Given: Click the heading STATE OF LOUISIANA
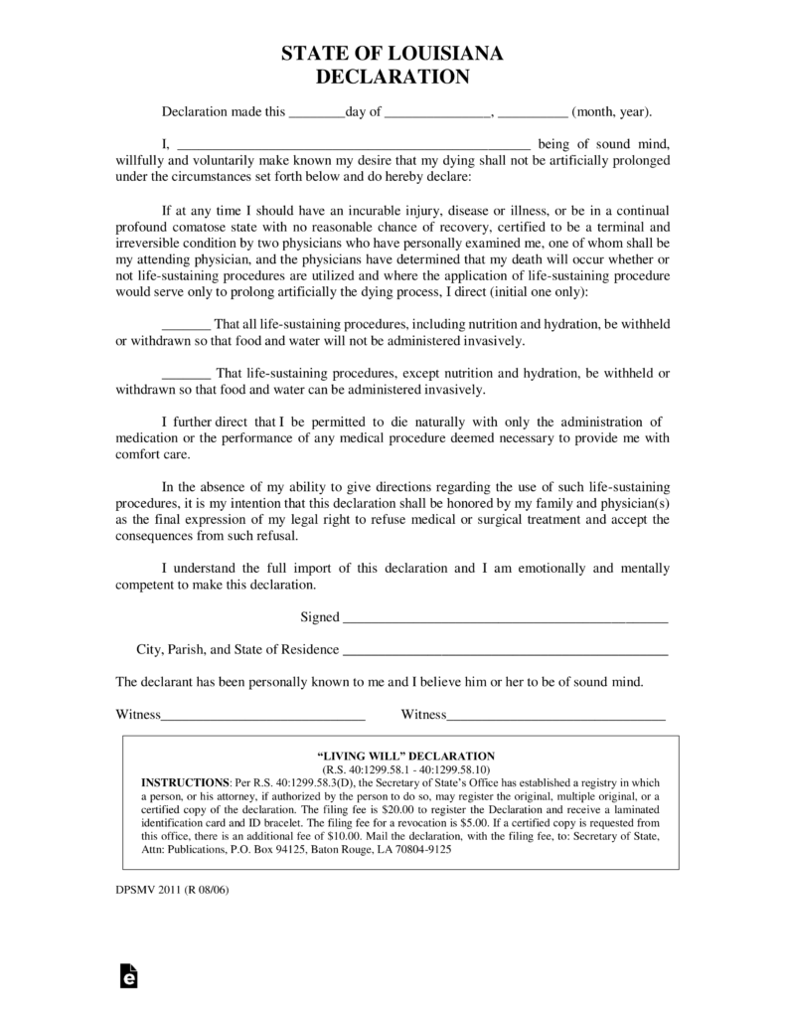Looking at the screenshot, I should click(393, 55).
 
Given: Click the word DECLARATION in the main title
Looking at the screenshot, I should click(393, 77).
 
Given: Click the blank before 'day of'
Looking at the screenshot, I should click(316, 113).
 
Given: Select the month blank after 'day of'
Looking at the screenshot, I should click(437, 113).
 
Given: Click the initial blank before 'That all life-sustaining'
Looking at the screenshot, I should click(185, 325).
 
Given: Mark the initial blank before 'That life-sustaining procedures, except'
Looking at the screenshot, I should click(185, 374).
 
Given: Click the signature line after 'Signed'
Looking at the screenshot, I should click(505, 617).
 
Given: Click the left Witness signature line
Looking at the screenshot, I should click(262, 714).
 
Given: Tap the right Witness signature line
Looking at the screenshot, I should click(555, 714).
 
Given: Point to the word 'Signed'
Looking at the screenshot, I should click(320, 617).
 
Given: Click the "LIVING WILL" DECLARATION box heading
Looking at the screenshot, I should click(400, 757).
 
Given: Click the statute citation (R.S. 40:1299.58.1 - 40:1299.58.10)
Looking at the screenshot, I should click(400, 769).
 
